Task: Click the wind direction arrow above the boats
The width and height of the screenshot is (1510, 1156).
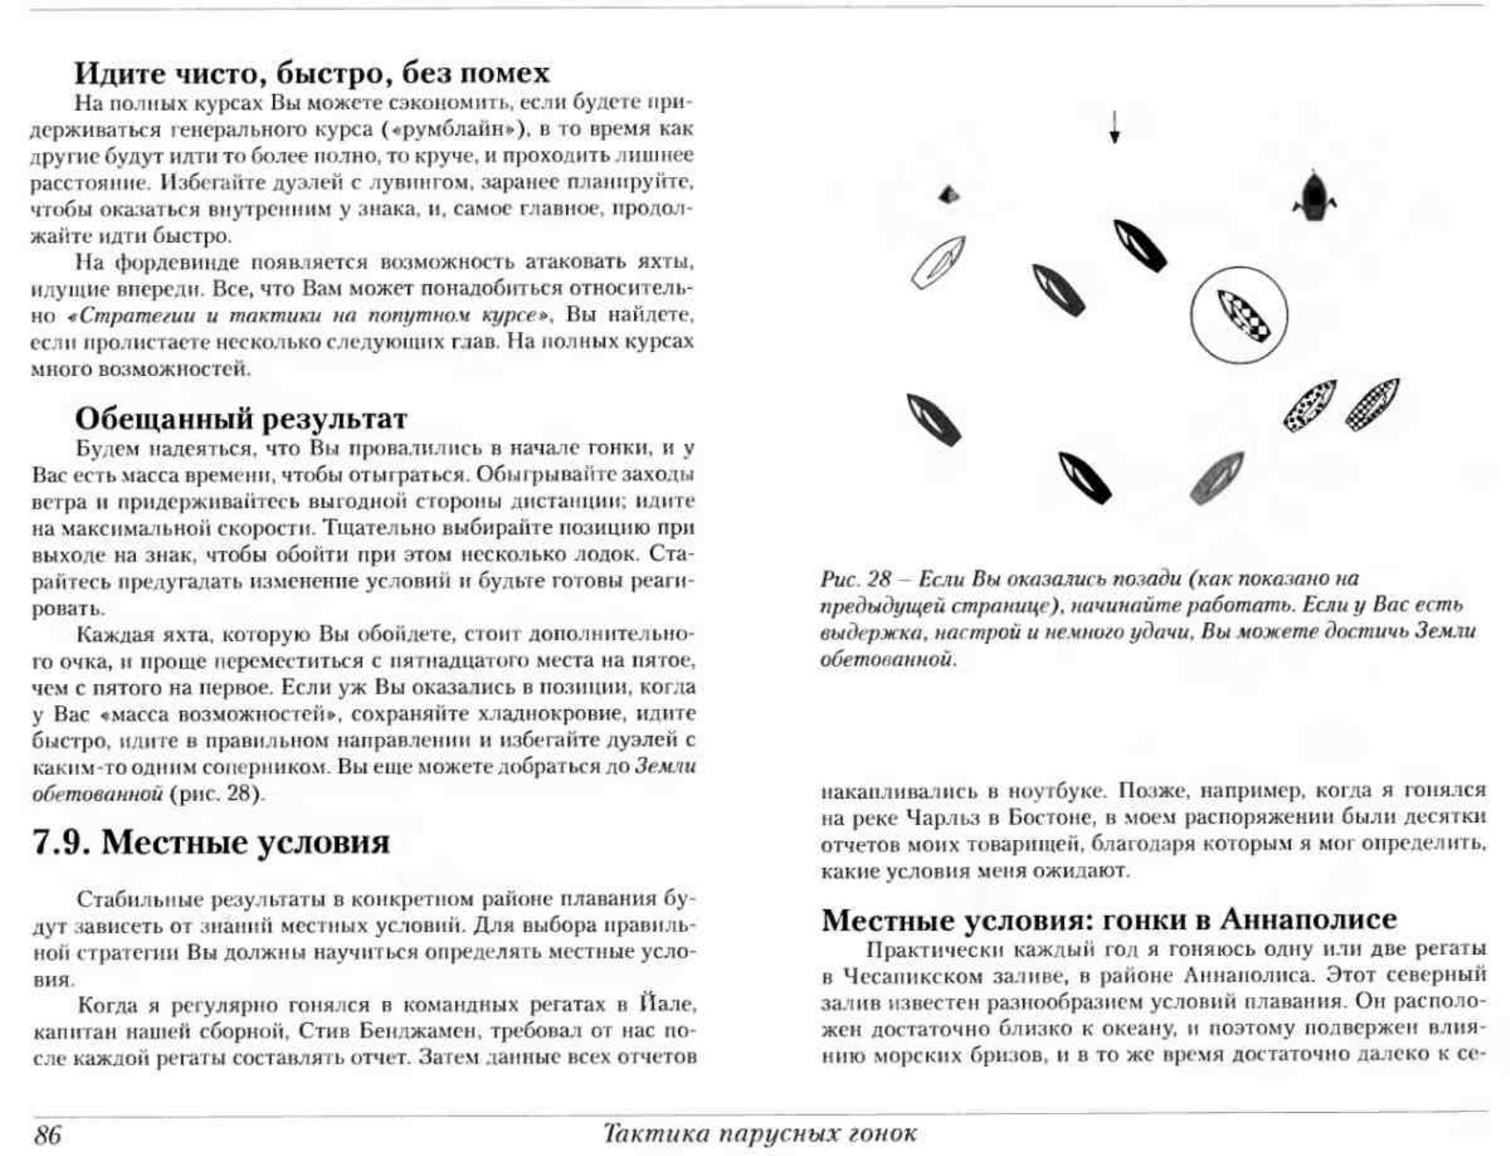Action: (1115, 127)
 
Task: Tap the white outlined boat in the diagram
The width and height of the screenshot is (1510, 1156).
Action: (938, 261)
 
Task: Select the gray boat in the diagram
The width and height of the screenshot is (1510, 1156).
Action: (1217, 478)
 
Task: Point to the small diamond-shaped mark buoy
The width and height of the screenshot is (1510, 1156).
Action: (948, 195)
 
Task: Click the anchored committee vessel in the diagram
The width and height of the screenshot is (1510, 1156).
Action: (1314, 195)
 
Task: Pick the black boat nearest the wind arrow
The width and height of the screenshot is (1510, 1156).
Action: (1139, 245)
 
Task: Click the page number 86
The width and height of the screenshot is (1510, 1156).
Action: (48, 1134)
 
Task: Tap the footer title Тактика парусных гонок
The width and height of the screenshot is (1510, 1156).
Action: (759, 1133)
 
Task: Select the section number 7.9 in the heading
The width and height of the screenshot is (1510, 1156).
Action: (61, 843)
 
